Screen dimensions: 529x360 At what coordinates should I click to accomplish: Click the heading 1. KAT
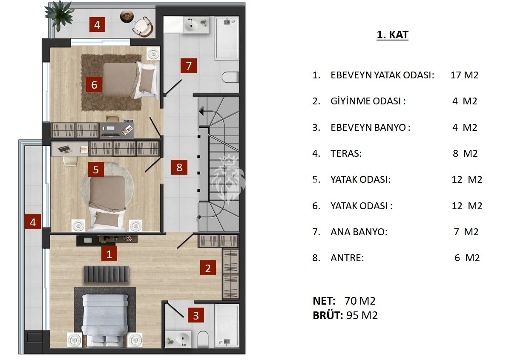coord(392,35)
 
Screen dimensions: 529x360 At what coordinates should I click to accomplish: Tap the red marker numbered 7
coord(188,66)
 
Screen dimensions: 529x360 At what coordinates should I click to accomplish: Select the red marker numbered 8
coord(179,167)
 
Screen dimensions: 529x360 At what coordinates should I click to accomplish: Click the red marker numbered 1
coord(109,254)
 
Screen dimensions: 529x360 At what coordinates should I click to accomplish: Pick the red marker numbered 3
coord(196,315)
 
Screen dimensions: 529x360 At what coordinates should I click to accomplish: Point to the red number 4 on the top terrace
coord(97,24)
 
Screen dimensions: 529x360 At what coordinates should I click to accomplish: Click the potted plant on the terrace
coord(59,14)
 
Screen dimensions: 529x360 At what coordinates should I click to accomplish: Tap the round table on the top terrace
coord(127,16)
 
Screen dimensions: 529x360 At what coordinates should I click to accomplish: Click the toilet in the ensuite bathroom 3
coord(203,339)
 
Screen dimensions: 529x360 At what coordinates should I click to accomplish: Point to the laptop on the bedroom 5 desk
coord(64,150)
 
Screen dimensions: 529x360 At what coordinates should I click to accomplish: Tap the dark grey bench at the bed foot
coord(106,274)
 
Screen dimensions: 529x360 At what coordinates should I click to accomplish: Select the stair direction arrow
coord(201,111)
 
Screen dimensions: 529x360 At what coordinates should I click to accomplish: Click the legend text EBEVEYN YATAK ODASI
coord(382,75)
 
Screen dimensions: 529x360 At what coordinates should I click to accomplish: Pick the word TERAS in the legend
coord(346,153)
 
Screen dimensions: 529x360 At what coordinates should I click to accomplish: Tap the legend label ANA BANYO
coord(359,232)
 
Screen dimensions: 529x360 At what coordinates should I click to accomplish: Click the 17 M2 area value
coord(464,75)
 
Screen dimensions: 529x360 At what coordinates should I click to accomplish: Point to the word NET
coord(324,301)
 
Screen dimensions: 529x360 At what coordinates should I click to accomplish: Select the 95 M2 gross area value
coord(362,315)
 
